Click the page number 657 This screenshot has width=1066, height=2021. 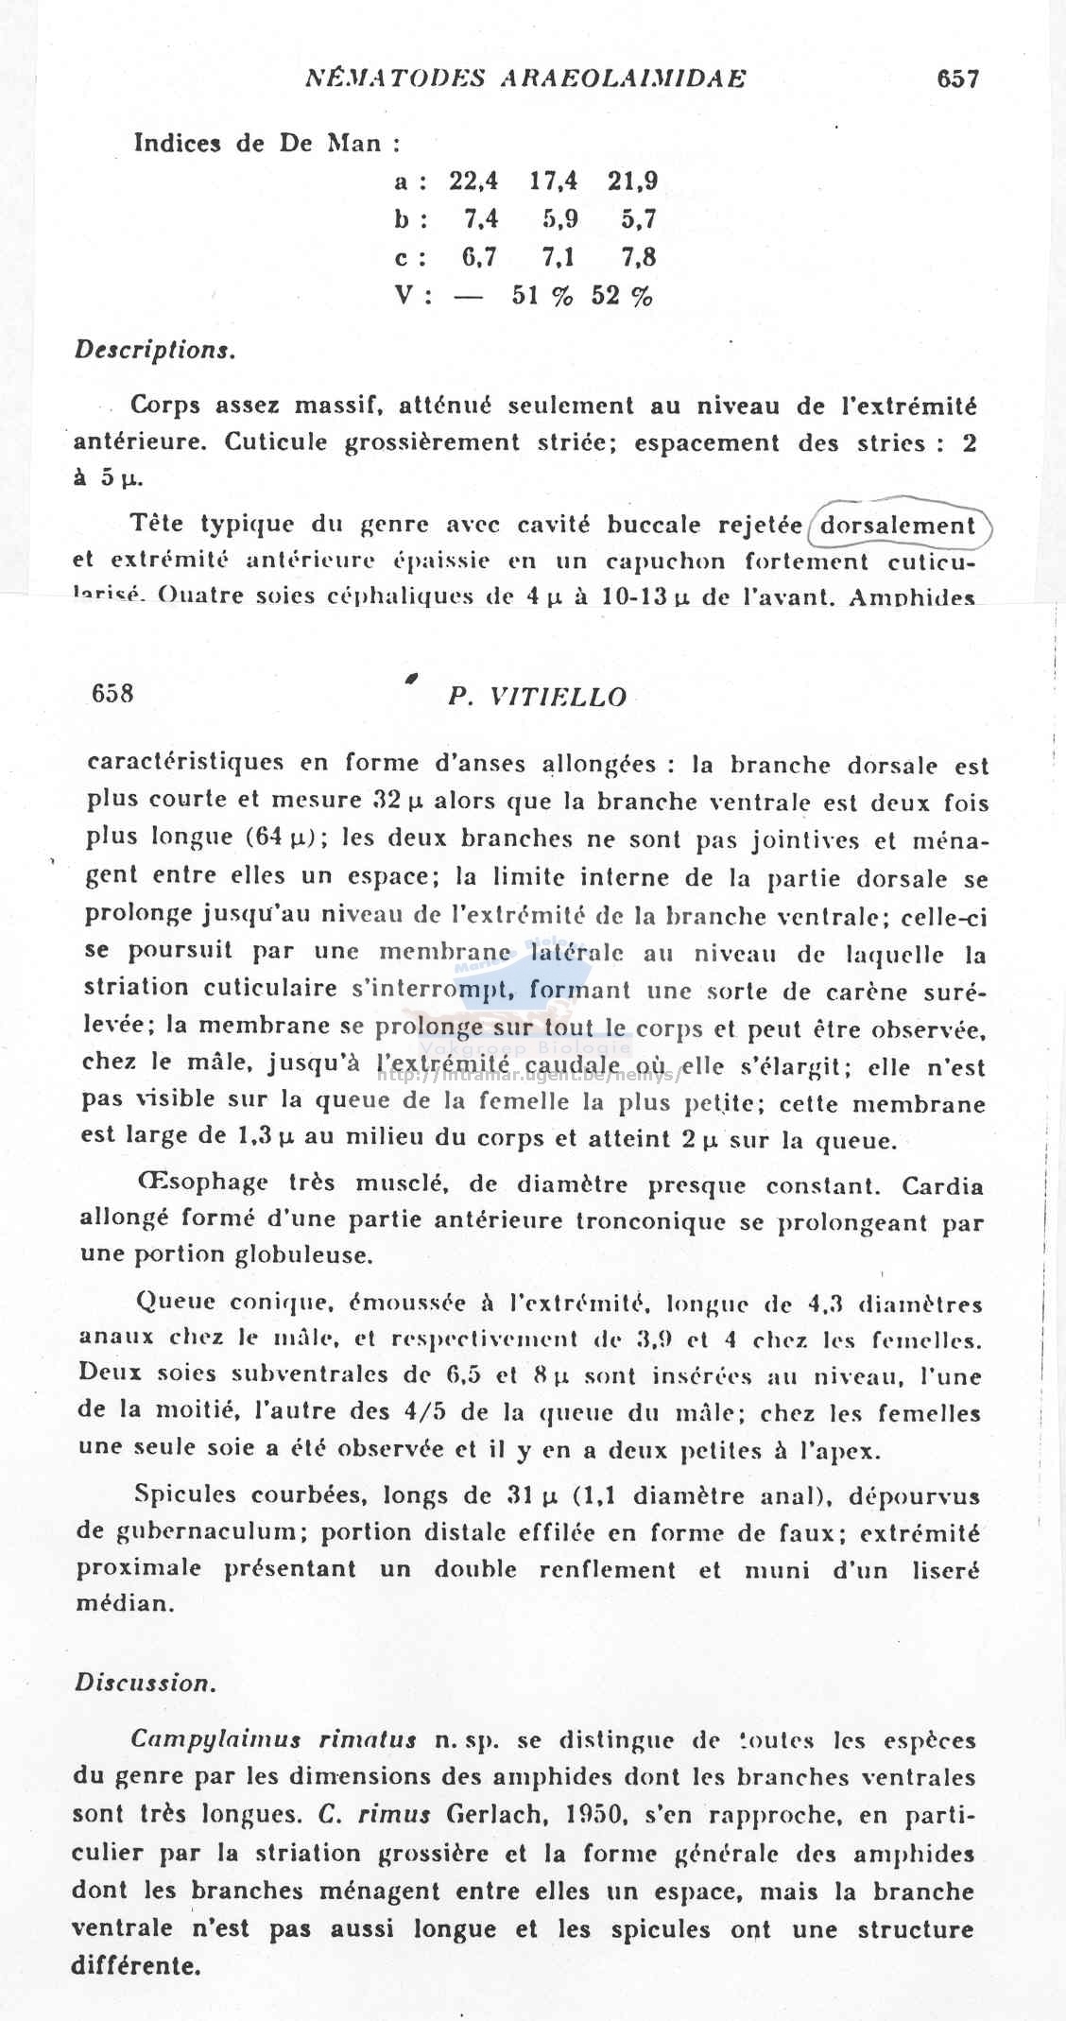click(957, 78)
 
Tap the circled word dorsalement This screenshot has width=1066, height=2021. click(897, 526)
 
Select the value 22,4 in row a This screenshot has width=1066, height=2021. click(474, 181)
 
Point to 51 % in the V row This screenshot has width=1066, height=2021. click(542, 296)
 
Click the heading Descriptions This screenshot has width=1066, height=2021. click(155, 350)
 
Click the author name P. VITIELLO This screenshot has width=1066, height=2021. click(538, 698)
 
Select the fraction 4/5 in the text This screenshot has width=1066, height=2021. click(444, 1413)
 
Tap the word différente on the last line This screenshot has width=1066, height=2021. click(136, 1966)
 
